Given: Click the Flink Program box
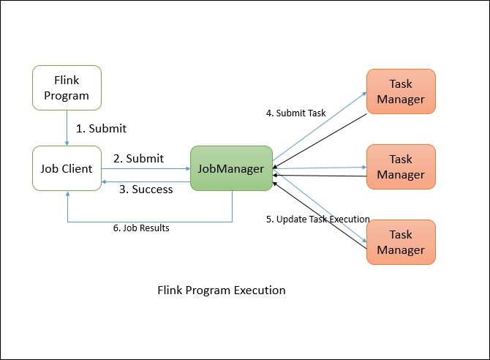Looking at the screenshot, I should point(67,88).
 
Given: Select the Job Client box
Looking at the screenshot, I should point(67,169).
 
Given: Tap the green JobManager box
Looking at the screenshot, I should point(231,169).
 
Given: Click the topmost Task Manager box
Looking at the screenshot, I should point(401,91).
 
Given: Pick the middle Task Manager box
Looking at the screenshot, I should point(401,167).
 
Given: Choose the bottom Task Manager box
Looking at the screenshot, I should point(401,242).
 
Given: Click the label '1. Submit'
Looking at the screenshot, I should point(102,129).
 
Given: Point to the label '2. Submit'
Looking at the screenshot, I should point(138,158).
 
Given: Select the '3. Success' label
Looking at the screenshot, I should point(146,190).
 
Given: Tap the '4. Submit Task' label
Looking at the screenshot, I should point(295,113).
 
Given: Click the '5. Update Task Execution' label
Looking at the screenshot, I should point(317,219).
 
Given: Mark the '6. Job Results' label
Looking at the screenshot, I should point(141,228).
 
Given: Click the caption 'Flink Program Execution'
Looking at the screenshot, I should point(222,290).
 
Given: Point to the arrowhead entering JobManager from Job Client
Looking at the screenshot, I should point(186,169).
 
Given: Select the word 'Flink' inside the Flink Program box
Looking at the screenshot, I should point(67,80).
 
